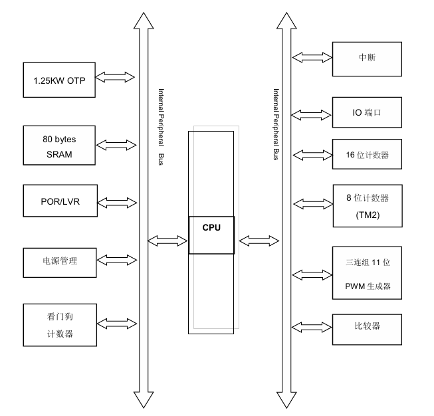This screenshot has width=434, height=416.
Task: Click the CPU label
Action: (211, 227)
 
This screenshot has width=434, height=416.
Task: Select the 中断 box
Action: (367, 58)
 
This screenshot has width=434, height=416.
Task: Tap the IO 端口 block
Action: (367, 112)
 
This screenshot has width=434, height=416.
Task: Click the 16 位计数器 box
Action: (367, 155)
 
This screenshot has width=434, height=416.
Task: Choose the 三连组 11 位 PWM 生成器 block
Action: (367, 274)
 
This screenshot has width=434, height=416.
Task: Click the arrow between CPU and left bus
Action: (167, 239)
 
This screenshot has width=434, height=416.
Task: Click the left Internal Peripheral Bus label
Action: (161, 127)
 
